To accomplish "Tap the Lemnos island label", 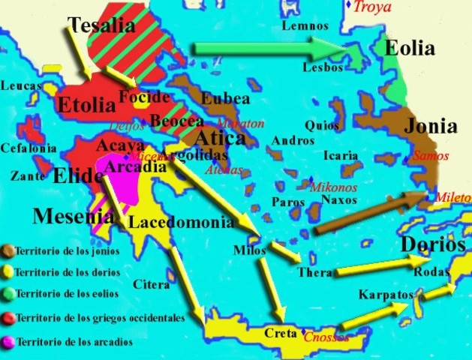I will point(305,26).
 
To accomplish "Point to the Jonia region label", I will point(431,126).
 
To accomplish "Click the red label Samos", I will point(430,156).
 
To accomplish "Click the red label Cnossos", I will point(326,337).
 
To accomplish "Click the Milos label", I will point(250,250).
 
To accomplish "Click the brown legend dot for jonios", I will point(7,251).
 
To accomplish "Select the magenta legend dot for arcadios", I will point(7,342).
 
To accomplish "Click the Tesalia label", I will point(101,26).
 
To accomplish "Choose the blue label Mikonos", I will point(333,187).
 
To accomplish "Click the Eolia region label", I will point(410,49).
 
